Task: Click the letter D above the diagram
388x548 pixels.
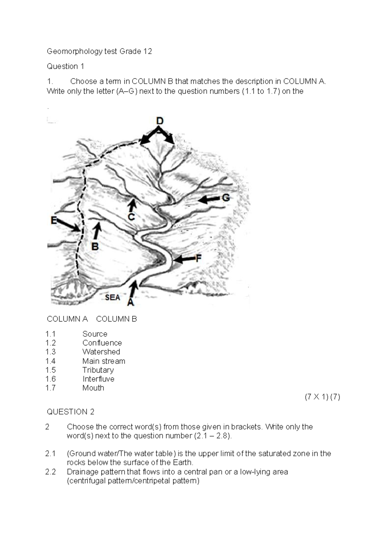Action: click(160, 121)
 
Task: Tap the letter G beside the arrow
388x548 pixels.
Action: click(226, 198)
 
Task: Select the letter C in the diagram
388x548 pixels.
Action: click(131, 217)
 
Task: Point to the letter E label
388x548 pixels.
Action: click(54, 221)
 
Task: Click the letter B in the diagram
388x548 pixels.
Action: click(95, 247)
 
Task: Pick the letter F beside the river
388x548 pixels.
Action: click(199, 258)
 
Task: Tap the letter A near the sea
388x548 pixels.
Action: click(130, 302)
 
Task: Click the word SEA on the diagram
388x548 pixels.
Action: click(112, 297)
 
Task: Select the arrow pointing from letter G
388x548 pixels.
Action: click(209, 200)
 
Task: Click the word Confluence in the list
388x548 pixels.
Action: click(102, 343)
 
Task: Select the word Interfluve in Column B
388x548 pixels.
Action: click(98, 379)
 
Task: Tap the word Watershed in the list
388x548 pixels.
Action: click(101, 352)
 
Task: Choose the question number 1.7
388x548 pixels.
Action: click(50, 388)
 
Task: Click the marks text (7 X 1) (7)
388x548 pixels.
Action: click(322, 397)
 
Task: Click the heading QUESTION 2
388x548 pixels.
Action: click(70, 412)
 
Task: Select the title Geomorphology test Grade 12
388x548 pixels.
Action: click(99, 51)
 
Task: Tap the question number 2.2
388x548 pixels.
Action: click(50, 472)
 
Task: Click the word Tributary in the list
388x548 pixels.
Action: click(98, 370)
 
